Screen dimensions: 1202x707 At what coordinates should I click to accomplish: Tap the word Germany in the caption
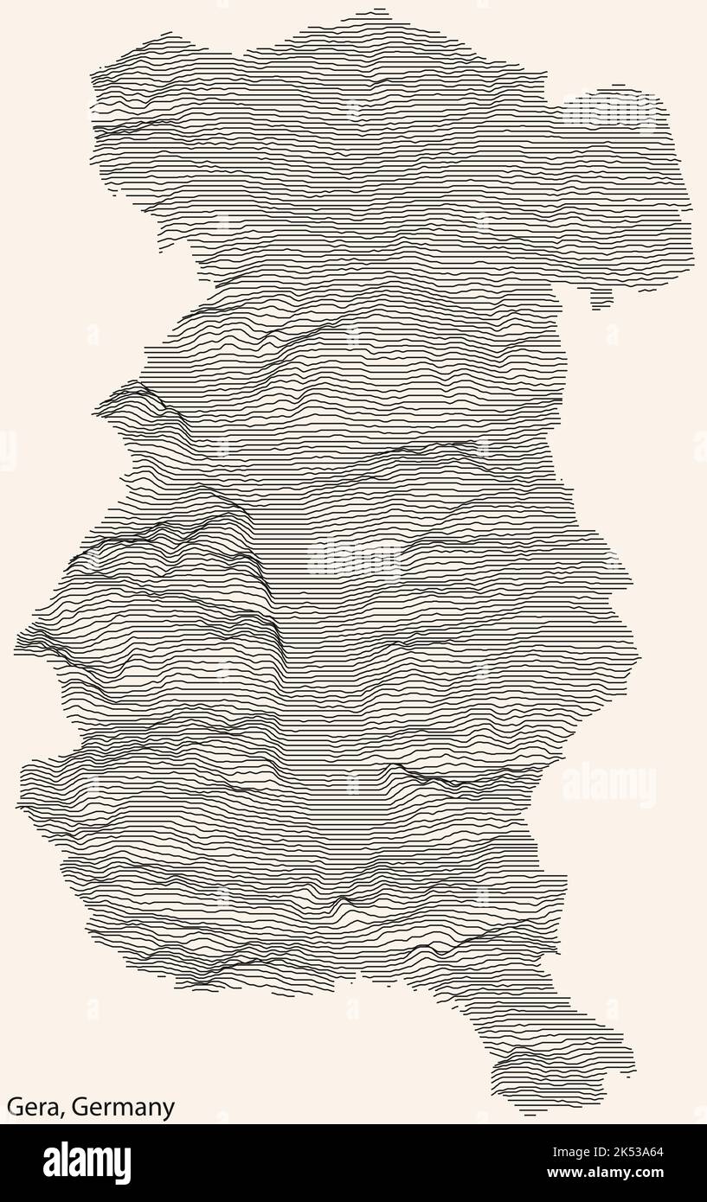point(123,1108)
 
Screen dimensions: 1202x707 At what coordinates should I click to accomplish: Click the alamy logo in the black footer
point(87,1163)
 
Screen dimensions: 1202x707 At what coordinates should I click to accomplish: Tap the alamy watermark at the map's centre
point(354,558)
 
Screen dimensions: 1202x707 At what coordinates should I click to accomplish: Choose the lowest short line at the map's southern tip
point(530,1115)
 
